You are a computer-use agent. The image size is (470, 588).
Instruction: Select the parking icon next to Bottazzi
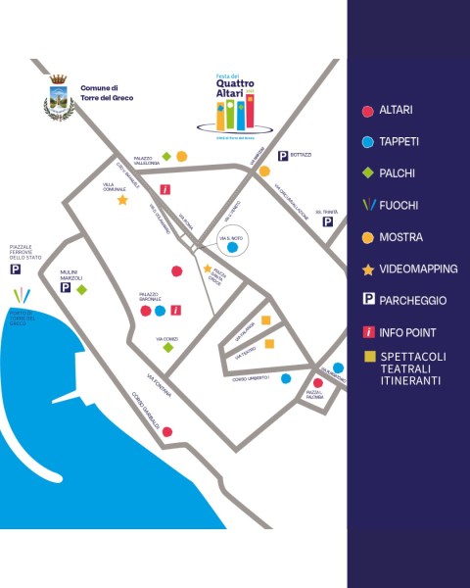pyautogui.click(x=282, y=156)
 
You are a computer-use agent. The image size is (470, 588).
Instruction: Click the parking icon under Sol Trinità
pyautogui.click(x=327, y=222)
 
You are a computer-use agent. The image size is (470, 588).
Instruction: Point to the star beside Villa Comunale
pyautogui.click(x=122, y=200)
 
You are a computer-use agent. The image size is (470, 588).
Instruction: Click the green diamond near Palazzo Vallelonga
pyautogui.click(x=167, y=157)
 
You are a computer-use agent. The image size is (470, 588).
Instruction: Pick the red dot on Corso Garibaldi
pyautogui.click(x=167, y=431)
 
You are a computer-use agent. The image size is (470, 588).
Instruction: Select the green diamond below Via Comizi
pyautogui.click(x=168, y=347)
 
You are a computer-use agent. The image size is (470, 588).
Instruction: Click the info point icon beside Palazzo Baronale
pyautogui.click(x=175, y=311)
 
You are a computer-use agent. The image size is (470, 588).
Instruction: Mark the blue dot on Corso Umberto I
pyautogui.click(x=286, y=377)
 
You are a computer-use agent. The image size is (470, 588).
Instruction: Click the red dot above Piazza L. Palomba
pyautogui.click(x=317, y=383)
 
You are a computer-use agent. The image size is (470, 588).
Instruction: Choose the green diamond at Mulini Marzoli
pyautogui.click(x=82, y=289)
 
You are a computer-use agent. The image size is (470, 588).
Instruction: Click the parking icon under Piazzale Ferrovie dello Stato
pyautogui.click(x=15, y=269)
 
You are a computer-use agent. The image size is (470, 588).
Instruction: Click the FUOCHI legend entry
pyautogui.click(x=399, y=205)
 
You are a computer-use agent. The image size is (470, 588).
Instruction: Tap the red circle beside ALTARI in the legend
pyautogui.click(x=367, y=111)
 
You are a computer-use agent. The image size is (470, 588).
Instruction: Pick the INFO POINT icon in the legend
pyautogui.click(x=368, y=332)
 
